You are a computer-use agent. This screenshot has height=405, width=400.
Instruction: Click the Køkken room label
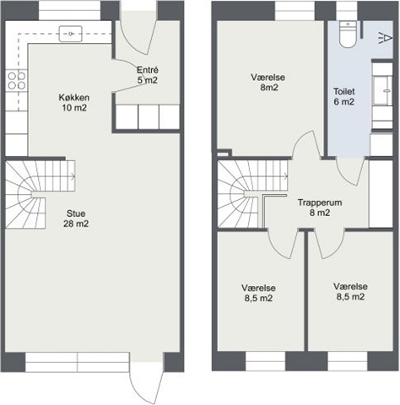74,103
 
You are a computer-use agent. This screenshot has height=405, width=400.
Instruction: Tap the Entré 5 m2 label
148,75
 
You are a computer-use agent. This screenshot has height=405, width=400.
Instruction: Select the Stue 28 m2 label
76,219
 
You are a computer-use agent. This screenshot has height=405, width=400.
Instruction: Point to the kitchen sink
70,34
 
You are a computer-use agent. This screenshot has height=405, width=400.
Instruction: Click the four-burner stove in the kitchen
17,80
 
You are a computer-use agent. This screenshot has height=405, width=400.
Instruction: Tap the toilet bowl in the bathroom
348,34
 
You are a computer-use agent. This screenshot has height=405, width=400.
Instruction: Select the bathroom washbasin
382,90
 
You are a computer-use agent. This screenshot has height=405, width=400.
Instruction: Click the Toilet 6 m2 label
343,96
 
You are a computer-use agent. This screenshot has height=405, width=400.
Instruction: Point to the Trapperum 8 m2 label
320,208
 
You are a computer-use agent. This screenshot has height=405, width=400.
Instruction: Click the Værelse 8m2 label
268,82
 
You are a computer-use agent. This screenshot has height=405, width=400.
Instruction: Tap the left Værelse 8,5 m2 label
258,293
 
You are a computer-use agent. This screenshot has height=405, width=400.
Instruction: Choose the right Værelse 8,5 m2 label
350,291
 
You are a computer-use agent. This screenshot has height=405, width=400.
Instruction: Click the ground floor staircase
41,194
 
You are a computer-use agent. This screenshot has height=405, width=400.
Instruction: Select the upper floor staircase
252,194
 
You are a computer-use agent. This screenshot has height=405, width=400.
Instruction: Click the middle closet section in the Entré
149,116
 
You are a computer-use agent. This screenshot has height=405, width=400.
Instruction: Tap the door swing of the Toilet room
350,172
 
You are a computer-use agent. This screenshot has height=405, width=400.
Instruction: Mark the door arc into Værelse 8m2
307,144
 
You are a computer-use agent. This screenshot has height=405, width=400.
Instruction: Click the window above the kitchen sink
69,11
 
